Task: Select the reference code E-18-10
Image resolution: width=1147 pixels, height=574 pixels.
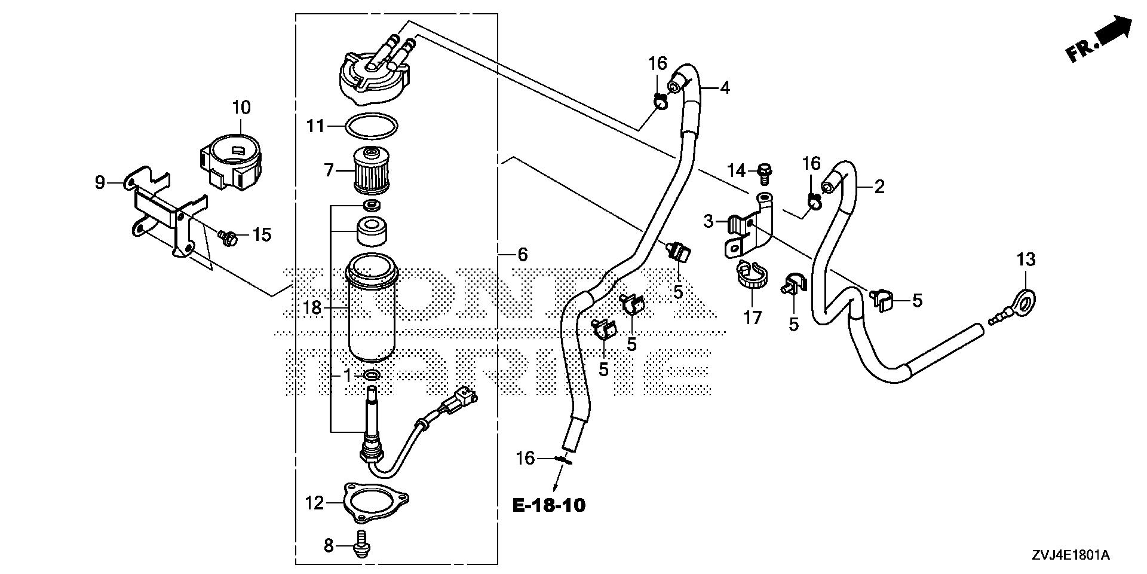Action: pos(548,505)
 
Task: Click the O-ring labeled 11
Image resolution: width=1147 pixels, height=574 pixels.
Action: pos(371,126)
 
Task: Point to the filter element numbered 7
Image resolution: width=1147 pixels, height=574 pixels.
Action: pos(370,170)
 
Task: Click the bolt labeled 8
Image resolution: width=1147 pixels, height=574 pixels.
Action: pos(361,546)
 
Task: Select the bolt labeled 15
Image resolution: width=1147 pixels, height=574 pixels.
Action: pos(228,237)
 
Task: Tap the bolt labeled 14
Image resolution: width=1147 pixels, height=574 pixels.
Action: pos(765,170)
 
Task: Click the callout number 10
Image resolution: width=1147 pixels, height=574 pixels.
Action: pos(241,108)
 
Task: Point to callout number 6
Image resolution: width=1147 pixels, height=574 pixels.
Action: pos(522,255)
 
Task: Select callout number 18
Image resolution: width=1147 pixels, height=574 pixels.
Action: pos(312,308)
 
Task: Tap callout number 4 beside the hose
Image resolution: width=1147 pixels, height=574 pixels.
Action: pos(725,88)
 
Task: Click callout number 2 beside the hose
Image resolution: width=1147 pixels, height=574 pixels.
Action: pos(879,187)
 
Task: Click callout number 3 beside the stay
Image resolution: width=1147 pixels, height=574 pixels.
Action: pos(709,222)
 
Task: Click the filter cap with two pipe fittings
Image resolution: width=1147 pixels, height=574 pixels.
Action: pos(373,72)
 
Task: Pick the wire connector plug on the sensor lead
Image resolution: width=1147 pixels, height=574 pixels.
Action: pos(460,398)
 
